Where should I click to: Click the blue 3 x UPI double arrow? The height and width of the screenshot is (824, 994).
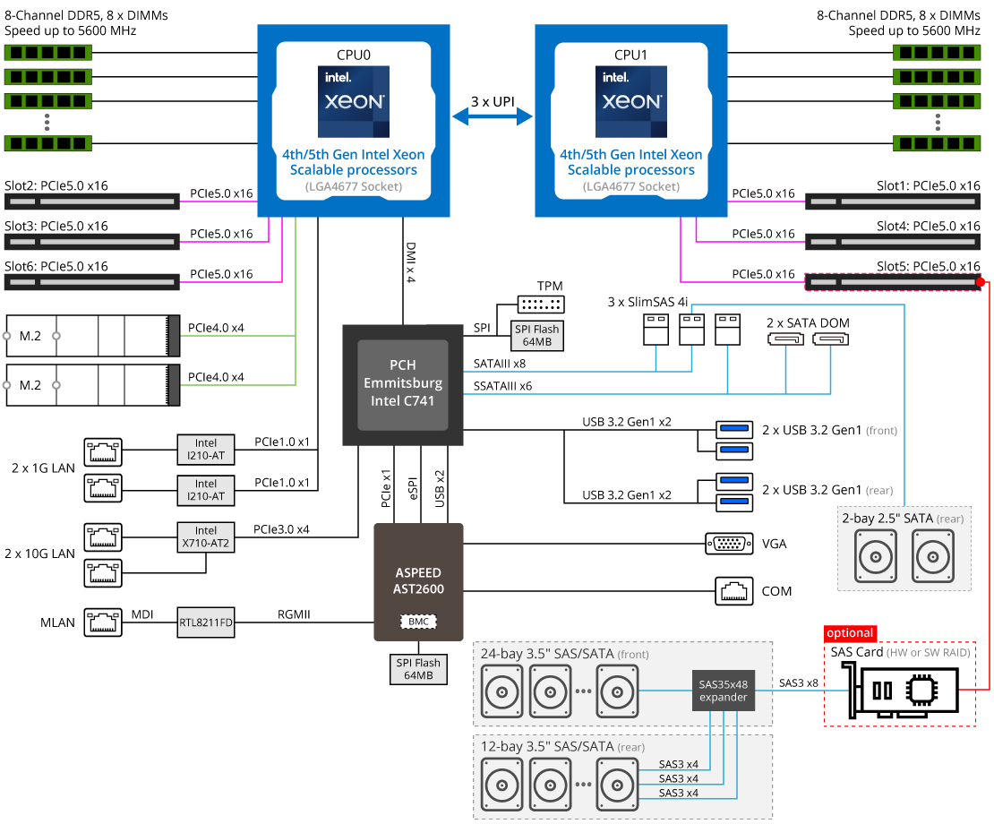(x=493, y=117)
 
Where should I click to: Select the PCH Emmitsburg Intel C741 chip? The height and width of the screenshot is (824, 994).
(x=402, y=384)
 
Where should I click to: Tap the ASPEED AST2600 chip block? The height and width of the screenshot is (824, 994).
(x=418, y=581)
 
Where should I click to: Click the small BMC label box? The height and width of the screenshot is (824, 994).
(x=418, y=621)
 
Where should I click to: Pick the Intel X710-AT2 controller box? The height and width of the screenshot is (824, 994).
(x=206, y=536)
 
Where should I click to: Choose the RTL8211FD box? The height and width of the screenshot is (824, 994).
(x=206, y=622)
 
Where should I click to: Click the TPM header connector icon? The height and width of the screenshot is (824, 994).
(x=541, y=305)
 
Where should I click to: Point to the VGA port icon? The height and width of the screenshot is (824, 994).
(x=723, y=543)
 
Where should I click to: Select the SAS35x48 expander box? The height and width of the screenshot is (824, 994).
(x=723, y=691)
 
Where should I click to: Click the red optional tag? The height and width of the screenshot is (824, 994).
(x=850, y=633)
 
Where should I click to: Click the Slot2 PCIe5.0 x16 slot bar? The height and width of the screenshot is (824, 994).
(x=92, y=201)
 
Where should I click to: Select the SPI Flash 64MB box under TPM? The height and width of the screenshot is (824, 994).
(x=536, y=336)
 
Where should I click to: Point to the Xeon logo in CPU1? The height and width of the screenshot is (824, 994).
(x=631, y=101)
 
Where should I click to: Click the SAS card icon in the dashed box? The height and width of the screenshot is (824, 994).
(x=909, y=693)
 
